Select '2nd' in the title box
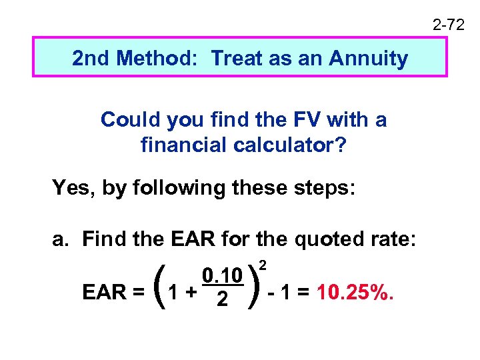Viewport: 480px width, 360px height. click(x=90, y=59)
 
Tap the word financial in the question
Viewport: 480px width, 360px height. click(x=178, y=145)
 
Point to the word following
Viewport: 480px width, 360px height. click(x=170, y=189)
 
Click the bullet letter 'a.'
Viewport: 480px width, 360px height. click(x=61, y=239)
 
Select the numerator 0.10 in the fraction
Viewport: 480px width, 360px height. click(x=221, y=276)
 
